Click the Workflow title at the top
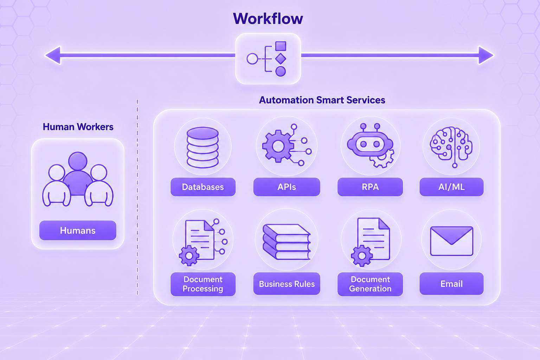[x=268, y=19]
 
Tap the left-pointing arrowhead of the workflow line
[x=53, y=55]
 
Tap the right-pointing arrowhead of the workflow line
[x=486, y=55]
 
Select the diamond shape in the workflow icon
[x=281, y=59]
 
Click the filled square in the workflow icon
[x=281, y=46]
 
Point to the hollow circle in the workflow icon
[x=252, y=59]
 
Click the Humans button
[x=78, y=230]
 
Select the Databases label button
[x=203, y=187]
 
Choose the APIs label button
[x=287, y=187]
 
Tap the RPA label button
[x=370, y=187]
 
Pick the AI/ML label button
[x=451, y=187]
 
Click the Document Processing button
[x=203, y=284]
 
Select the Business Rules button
[x=287, y=284]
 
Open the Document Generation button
[x=370, y=284]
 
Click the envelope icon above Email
[x=451, y=241]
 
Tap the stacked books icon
[x=287, y=242]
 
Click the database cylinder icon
[x=202, y=147]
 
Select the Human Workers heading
[x=78, y=127]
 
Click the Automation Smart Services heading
[x=322, y=100]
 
